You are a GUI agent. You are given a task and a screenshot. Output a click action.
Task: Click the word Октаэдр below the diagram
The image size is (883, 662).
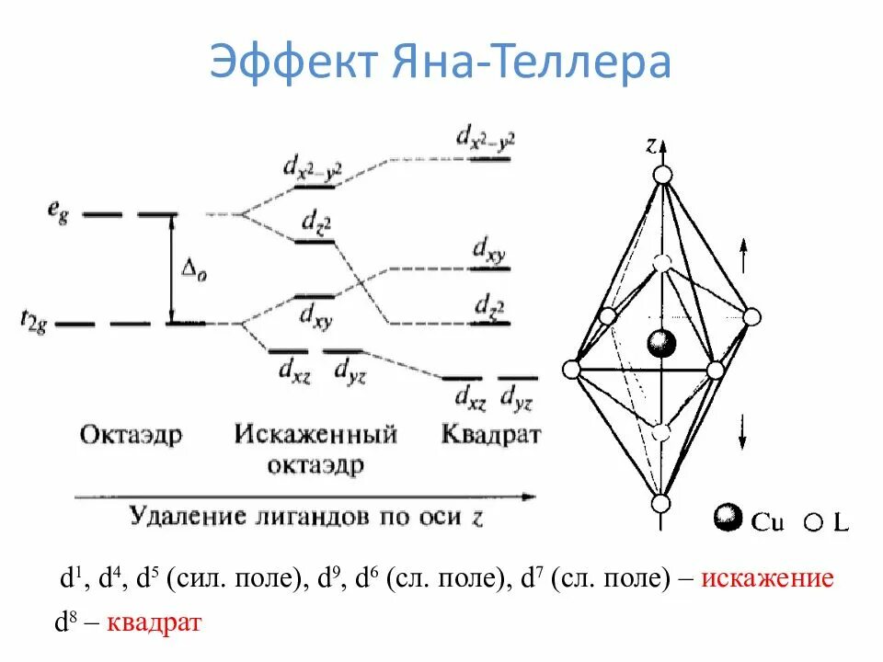point(131,433)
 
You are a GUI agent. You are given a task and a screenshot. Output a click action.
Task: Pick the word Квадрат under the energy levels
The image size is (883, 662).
point(491,433)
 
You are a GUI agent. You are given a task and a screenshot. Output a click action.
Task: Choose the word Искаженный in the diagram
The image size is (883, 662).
point(314,433)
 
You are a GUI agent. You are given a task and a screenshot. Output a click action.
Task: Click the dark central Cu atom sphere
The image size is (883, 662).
point(661,345)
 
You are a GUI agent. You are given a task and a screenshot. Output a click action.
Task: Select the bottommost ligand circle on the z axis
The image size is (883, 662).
point(660,503)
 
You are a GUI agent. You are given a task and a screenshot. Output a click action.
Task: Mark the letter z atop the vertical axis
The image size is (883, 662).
point(650,144)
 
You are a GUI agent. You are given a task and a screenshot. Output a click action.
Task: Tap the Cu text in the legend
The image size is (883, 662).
point(768,522)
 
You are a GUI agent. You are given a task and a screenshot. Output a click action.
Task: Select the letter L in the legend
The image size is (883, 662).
point(841,522)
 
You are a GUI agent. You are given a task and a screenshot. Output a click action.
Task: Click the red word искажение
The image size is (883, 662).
point(767,579)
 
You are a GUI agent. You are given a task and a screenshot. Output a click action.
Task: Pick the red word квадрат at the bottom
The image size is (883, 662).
point(155,623)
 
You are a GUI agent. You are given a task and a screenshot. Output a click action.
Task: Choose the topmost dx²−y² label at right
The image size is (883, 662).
point(485,138)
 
